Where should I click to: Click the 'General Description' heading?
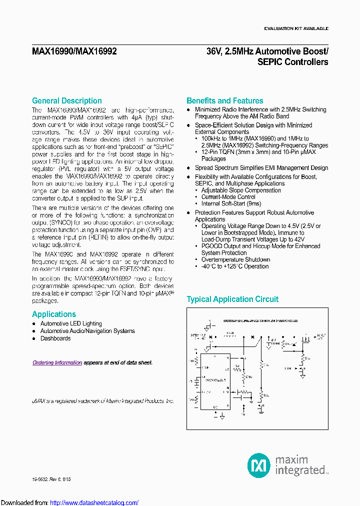[x=66, y=101]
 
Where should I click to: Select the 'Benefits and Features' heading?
[x=224, y=101]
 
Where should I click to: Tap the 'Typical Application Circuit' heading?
[x=232, y=299]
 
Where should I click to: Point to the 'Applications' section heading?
[x=54, y=314]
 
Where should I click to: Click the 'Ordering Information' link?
[x=57, y=362]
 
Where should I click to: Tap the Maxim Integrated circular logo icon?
[x=258, y=465]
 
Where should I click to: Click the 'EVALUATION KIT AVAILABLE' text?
[x=296, y=28]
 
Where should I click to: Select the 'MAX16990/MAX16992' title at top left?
[x=74, y=51]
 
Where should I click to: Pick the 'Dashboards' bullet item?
[x=55, y=338]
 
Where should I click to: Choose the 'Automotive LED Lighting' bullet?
[x=71, y=324]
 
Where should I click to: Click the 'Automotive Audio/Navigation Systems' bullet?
[x=87, y=331]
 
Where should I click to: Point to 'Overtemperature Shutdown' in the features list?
[x=235, y=260]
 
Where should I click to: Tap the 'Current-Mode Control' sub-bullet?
[x=228, y=197]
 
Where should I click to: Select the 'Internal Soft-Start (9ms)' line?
[x=231, y=204]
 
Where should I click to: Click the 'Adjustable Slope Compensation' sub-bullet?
[x=241, y=190]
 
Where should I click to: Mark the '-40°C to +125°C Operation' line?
[x=234, y=266]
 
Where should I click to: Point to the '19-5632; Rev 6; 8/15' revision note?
[x=50, y=479]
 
